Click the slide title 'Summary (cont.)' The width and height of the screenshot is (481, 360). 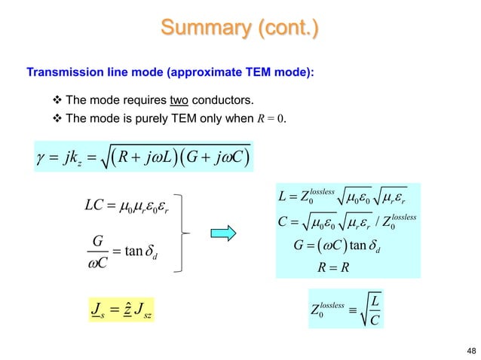(239, 29)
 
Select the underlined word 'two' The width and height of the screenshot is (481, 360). (179, 101)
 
